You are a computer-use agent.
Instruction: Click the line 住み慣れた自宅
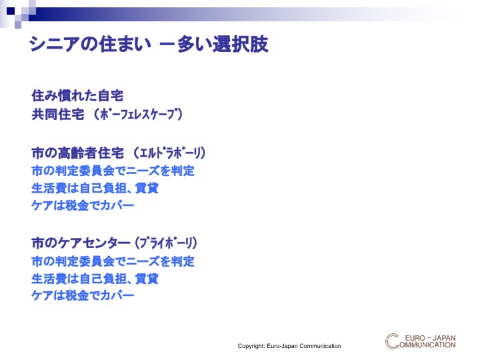point(77,95)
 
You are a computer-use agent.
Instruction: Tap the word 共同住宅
point(58,115)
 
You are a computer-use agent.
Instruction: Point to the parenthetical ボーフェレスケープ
point(138,115)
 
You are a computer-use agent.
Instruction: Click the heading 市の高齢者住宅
point(78,153)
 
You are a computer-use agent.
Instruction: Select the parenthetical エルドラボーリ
point(169,153)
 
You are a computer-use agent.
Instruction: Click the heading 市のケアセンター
point(81,243)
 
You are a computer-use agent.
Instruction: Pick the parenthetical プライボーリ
point(166,243)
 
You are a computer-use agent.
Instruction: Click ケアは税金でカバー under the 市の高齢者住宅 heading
point(83,205)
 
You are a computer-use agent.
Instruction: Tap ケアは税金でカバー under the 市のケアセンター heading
point(83,295)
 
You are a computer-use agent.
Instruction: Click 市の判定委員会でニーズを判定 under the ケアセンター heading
point(113,261)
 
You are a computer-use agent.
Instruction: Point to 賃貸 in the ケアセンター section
point(147,279)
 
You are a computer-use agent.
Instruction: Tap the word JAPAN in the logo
point(444,338)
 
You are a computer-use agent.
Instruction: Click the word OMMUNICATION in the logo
point(427,345)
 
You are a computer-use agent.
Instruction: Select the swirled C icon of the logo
point(392,341)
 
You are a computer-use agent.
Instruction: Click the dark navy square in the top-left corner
point(11,11)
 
